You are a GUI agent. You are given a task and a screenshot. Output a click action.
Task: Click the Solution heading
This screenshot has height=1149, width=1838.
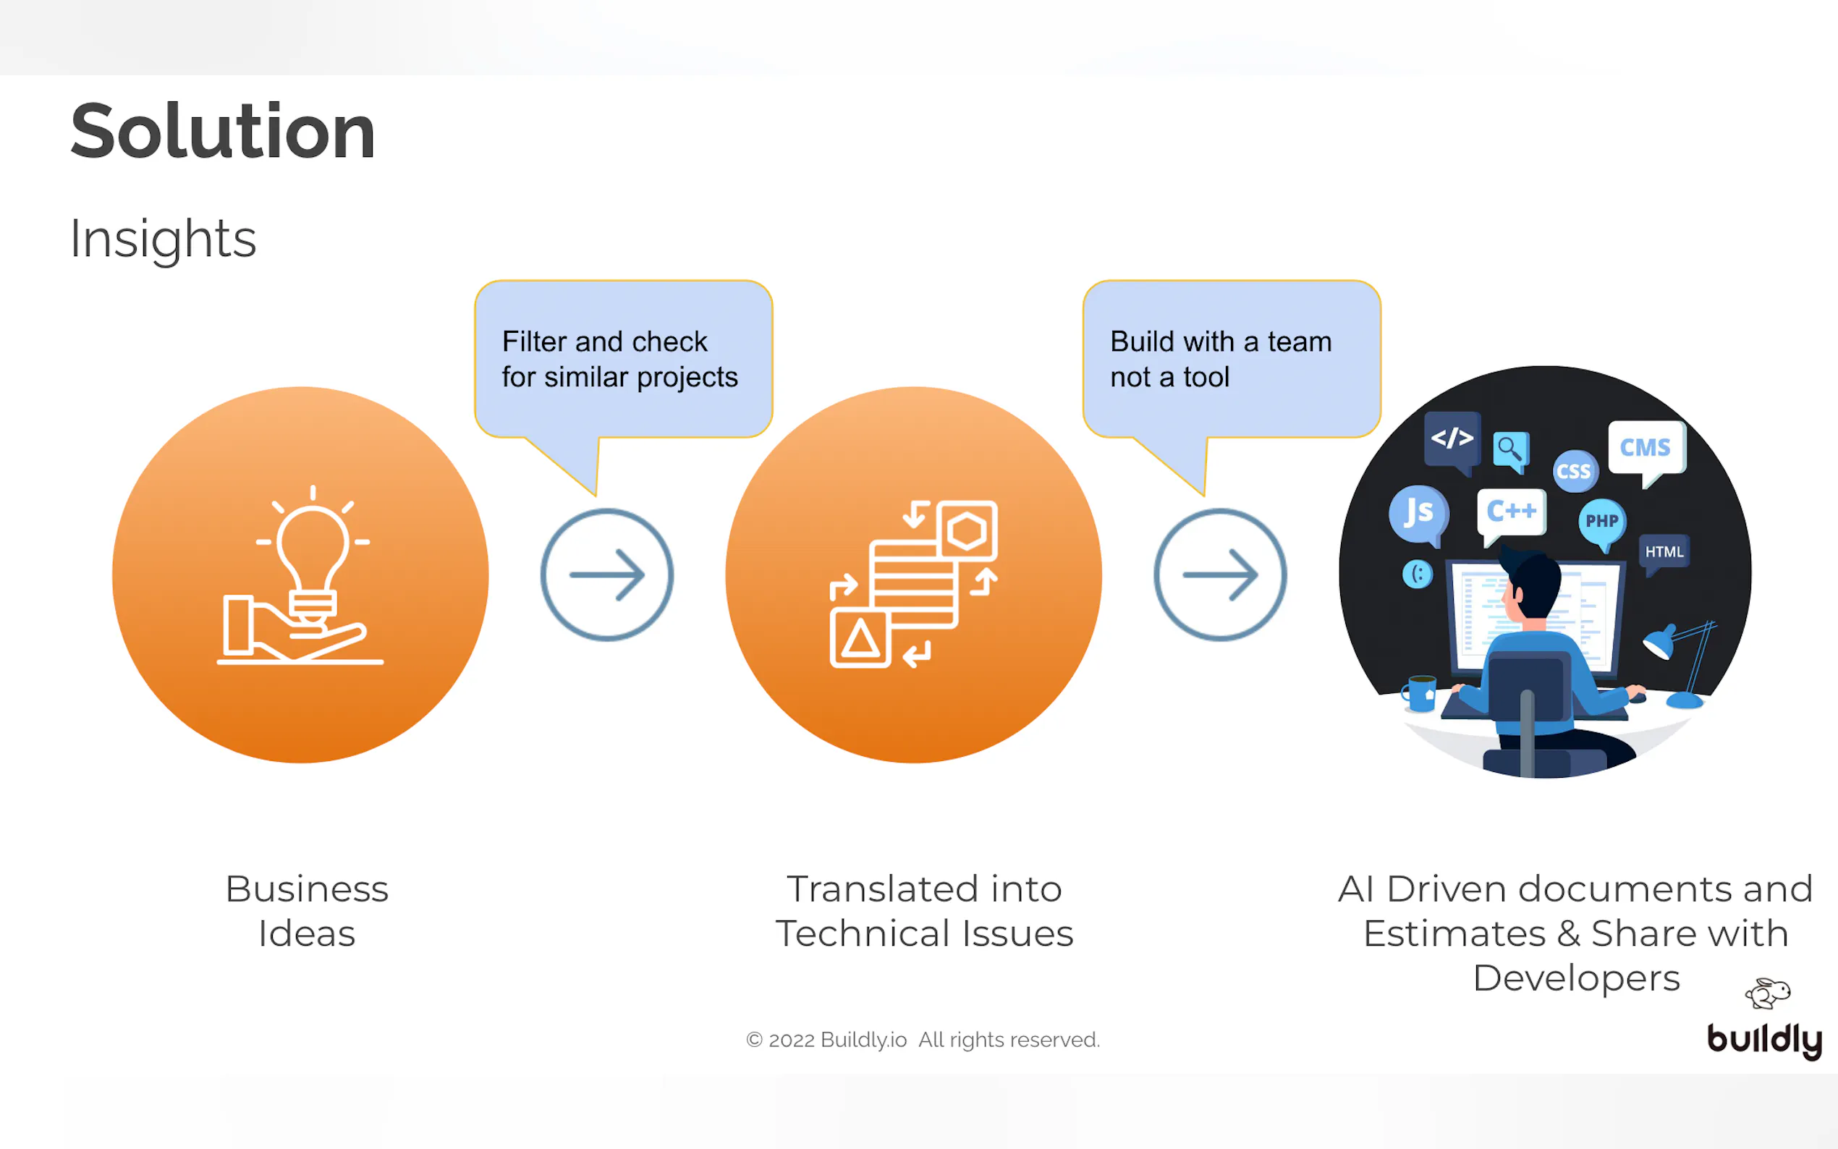click(223, 132)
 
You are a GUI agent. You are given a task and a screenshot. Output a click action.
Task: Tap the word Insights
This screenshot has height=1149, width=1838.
click(163, 239)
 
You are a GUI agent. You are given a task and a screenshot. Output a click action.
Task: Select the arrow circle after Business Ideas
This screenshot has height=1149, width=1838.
click(606, 574)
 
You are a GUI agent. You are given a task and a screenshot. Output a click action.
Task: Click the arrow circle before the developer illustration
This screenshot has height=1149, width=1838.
click(1219, 574)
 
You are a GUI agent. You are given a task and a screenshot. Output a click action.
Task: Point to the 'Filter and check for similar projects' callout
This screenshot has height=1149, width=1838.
click(622, 360)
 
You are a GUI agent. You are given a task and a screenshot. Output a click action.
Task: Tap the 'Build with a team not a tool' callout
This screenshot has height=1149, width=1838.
click(1231, 360)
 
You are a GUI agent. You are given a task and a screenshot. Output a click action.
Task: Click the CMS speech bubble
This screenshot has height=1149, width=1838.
click(1646, 448)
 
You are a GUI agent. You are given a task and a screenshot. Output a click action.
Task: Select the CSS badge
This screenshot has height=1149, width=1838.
click(1575, 471)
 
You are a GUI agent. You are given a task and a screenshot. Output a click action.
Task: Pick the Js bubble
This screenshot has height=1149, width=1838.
click(1418, 513)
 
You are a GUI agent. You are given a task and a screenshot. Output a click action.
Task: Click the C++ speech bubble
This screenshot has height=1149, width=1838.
click(1511, 512)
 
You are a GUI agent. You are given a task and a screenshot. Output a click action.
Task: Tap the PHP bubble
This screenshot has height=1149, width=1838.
click(1601, 521)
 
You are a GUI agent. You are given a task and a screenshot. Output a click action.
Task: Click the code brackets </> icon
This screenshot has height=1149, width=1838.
click(1452, 438)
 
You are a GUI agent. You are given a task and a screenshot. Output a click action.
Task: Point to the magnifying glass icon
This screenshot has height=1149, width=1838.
click(1509, 450)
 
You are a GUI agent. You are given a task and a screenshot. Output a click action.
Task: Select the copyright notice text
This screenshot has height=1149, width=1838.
click(923, 1040)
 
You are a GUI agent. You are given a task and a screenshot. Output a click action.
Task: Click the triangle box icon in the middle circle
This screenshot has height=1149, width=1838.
click(860, 638)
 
